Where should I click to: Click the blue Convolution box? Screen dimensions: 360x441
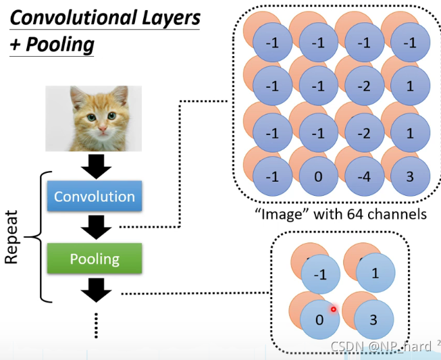pyautogui.click(x=95, y=197)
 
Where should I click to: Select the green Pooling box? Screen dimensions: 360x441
pyautogui.click(x=95, y=259)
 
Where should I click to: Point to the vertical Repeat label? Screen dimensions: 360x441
pyautogui.click(x=12, y=238)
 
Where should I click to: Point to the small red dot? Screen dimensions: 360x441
pyautogui.click(x=333, y=309)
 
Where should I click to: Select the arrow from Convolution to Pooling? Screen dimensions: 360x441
pyautogui.click(x=97, y=228)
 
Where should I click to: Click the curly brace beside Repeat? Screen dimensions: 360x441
pyautogui.click(x=36, y=237)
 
